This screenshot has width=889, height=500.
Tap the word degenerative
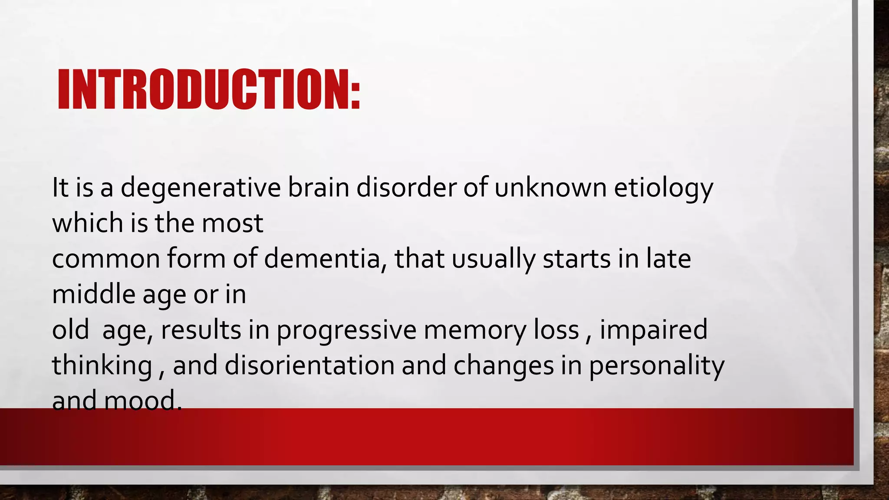tap(201, 188)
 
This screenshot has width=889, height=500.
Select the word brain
tap(318, 188)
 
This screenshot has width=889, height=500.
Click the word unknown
tap(550, 188)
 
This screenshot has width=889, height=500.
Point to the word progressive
tap(346, 330)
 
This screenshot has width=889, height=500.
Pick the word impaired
tap(654, 330)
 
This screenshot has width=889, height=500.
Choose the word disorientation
tap(309, 366)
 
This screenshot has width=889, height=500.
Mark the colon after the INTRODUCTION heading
tap(356, 95)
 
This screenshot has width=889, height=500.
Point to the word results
tap(201, 330)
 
